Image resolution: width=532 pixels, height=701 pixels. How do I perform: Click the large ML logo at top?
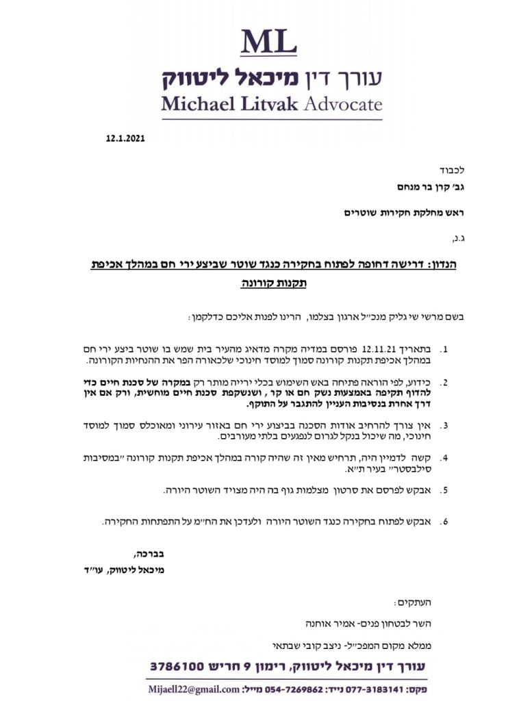pos(269,42)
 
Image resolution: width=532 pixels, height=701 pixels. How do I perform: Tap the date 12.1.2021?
pos(125,138)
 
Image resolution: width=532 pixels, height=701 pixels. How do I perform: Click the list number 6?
pos(444,522)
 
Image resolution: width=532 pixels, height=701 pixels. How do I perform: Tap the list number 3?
pos(444,426)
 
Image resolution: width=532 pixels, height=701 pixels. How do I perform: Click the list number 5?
pos(444,491)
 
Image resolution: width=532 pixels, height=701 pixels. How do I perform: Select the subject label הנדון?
pos(439,264)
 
